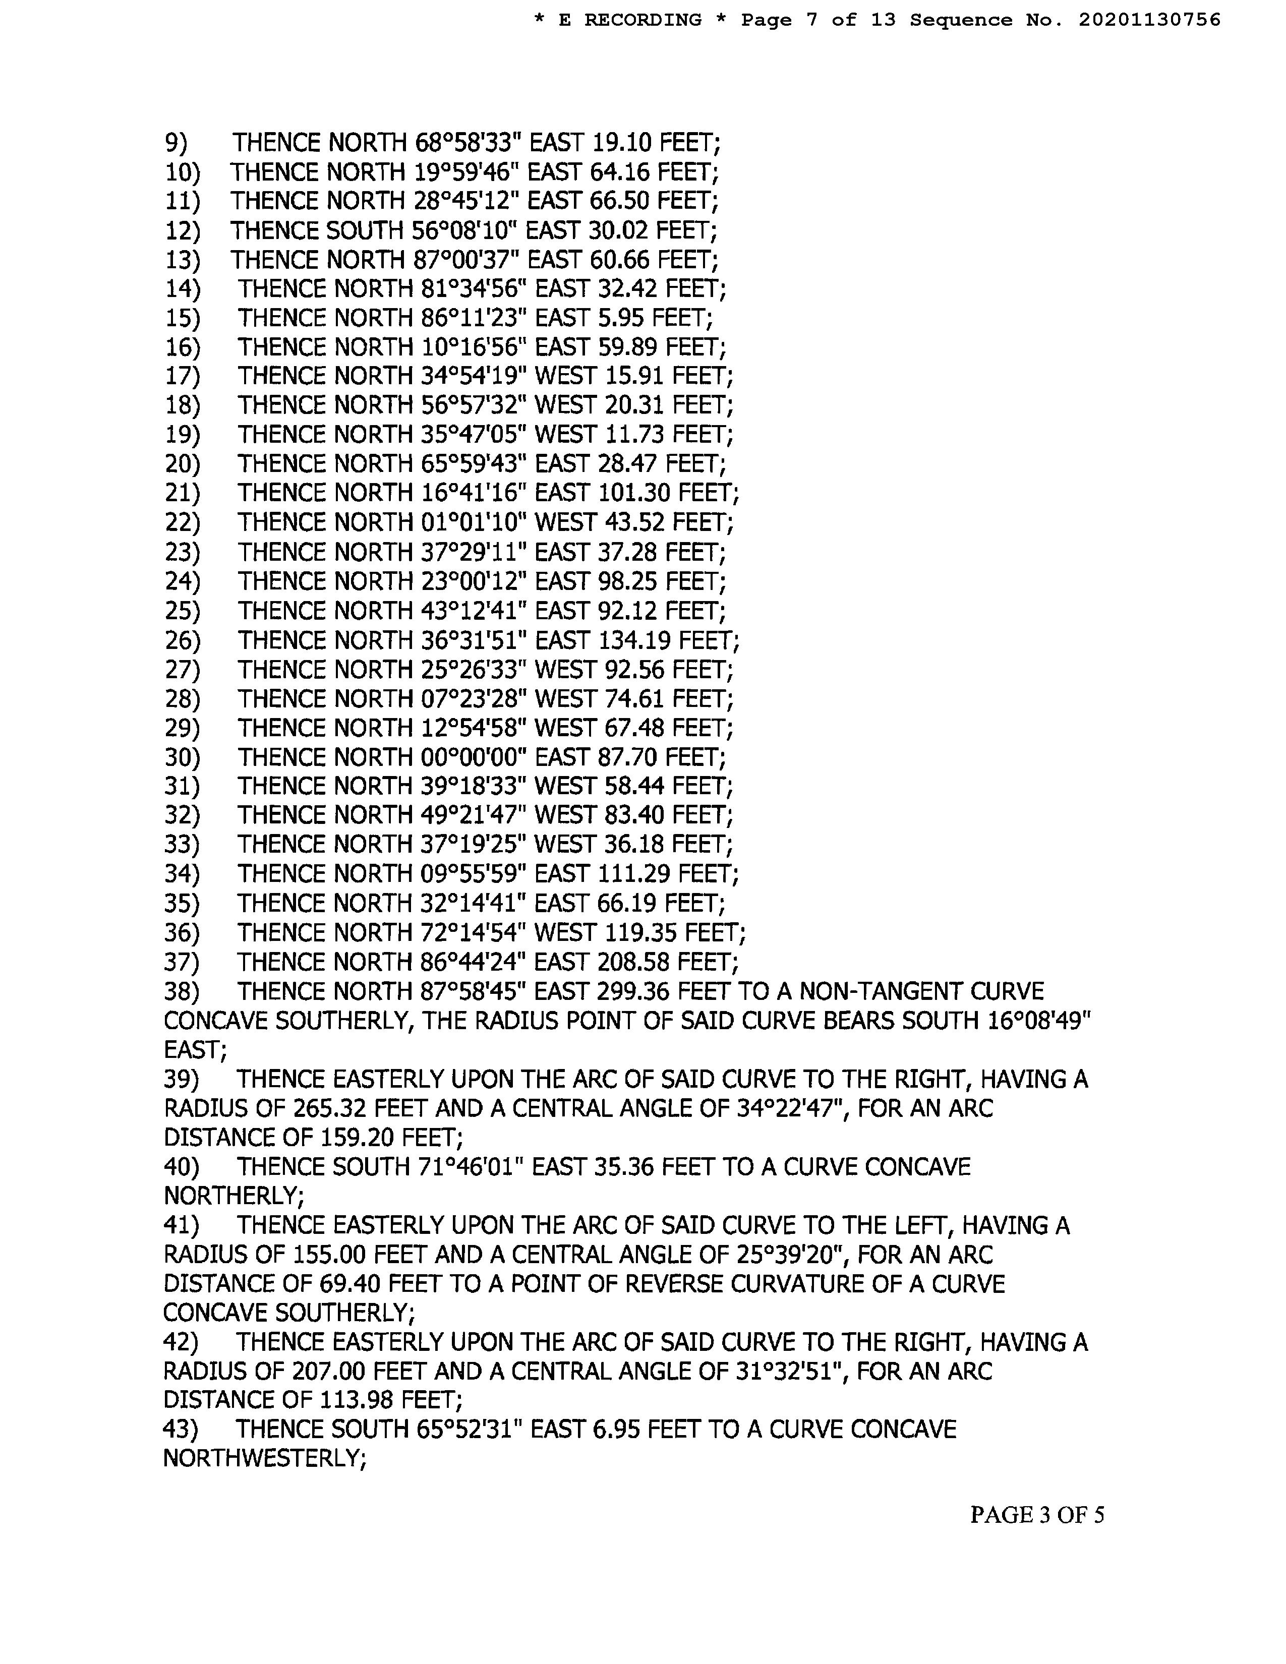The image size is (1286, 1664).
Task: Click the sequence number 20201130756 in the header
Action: [1149, 20]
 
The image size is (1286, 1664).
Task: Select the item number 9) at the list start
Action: [176, 143]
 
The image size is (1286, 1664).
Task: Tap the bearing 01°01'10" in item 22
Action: [474, 523]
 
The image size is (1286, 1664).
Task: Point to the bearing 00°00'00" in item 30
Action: [474, 757]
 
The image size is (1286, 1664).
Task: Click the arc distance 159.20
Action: [354, 1138]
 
